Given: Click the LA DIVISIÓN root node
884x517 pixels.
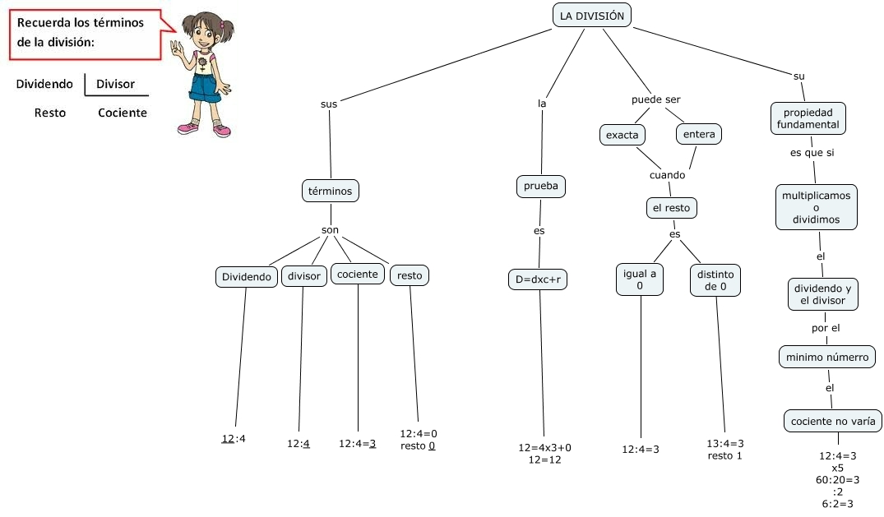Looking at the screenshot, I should click(592, 16).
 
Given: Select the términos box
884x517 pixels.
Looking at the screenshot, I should click(330, 191).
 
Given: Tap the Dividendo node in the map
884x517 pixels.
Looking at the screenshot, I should click(247, 277).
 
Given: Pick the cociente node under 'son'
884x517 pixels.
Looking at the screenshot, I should click(358, 275).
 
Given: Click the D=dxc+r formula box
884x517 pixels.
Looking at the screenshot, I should click(539, 279).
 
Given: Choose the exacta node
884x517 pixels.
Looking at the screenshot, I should click(622, 135).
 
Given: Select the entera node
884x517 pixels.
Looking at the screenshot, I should click(699, 134).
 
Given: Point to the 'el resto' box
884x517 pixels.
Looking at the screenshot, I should click(672, 209).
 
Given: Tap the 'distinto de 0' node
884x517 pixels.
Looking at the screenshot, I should click(715, 279).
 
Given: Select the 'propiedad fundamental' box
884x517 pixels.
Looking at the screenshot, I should click(808, 118).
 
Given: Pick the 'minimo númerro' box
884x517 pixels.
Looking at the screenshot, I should click(826, 358).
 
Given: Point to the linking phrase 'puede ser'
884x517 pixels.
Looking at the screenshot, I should click(655, 99).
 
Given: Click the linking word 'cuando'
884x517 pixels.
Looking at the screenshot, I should click(667, 175).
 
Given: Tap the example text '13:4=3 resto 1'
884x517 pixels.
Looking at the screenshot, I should click(724, 449).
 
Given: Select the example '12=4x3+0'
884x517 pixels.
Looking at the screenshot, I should click(544, 447).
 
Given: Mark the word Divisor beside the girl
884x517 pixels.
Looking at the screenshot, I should click(116, 84).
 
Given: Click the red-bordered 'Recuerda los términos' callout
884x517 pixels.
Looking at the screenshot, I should click(85, 33).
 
